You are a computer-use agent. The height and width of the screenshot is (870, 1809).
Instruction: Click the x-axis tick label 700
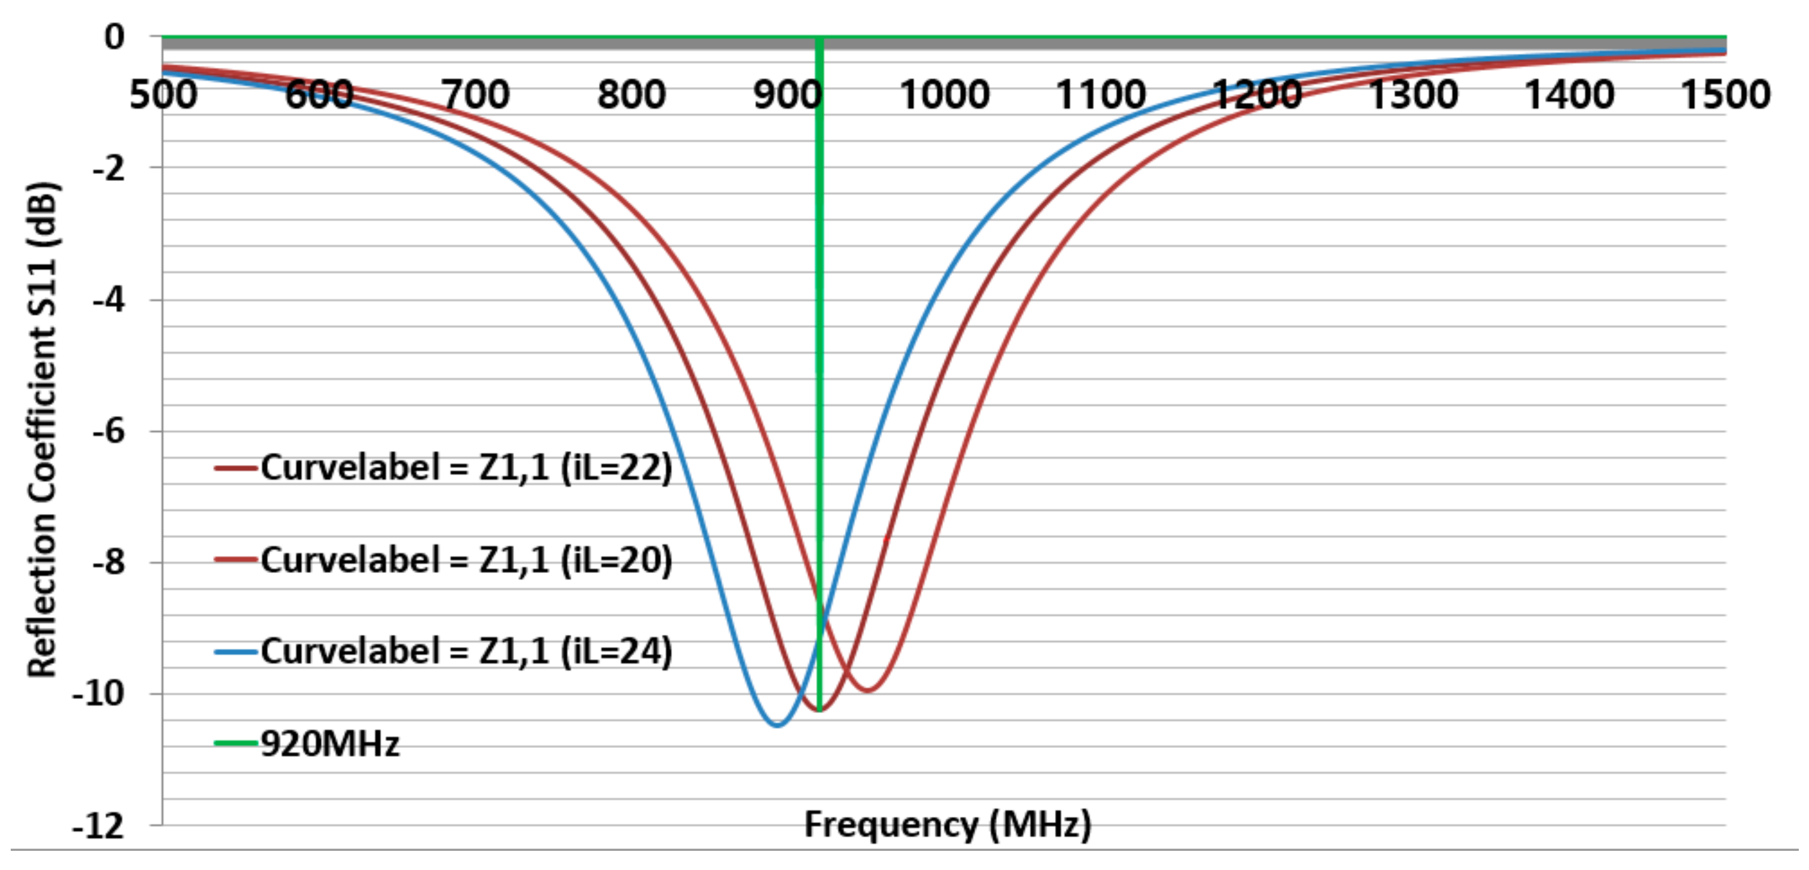point(475,95)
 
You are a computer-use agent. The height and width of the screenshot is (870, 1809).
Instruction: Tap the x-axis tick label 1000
point(945,95)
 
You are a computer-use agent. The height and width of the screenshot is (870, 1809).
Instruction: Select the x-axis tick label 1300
point(1413,95)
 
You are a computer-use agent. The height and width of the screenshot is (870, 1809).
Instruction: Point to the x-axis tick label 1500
point(1725,95)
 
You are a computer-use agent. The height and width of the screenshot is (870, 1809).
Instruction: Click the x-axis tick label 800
point(631,95)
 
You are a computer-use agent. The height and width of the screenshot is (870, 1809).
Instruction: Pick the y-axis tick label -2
point(109,169)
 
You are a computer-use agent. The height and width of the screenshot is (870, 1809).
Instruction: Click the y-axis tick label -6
point(109,431)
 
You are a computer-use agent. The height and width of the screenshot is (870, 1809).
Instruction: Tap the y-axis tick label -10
point(99,694)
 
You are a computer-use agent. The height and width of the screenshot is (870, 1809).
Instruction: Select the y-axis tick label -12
point(99,827)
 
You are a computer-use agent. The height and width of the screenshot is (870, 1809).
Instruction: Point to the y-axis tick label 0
point(114,37)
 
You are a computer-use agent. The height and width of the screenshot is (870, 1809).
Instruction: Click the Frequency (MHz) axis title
point(947,824)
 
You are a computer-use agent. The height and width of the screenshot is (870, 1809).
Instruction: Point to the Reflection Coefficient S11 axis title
point(42,430)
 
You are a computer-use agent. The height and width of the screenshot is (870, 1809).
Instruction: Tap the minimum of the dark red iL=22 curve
point(819,711)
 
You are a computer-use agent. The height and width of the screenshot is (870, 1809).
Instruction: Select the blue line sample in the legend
point(235,653)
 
